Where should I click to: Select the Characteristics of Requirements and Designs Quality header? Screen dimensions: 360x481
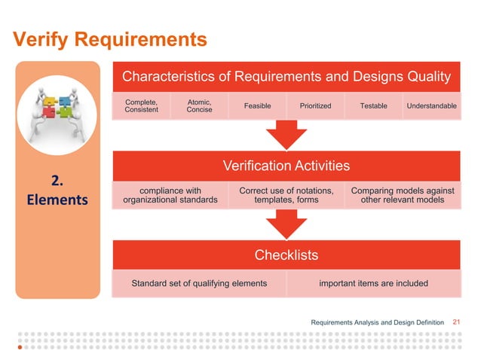(x=286, y=76)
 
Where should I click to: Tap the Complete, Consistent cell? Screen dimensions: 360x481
(x=142, y=106)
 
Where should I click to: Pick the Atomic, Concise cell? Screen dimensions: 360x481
(x=199, y=106)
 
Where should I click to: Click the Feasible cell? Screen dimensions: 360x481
(x=257, y=106)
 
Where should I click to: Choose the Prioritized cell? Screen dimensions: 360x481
(x=315, y=106)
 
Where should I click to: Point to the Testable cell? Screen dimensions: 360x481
(x=373, y=106)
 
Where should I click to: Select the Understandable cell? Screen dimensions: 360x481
(x=430, y=106)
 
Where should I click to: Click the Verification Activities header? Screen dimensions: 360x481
(x=286, y=165)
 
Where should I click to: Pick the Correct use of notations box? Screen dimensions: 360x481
(x=286, y=196)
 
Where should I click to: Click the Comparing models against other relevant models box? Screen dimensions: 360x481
(x=402, y=196)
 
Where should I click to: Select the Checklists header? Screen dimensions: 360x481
(x=286, y=255)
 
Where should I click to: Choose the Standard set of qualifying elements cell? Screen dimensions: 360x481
(x=199, y=283)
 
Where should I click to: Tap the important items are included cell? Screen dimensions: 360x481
(x=372, y=283)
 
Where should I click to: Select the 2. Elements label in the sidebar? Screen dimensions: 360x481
(x=59, y=191)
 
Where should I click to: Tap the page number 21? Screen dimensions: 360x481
(x=455, y=322)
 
